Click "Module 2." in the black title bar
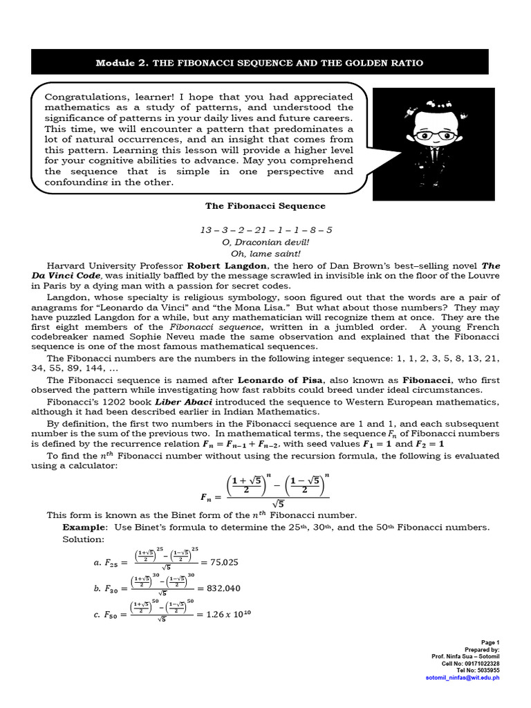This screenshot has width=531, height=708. (122, 63)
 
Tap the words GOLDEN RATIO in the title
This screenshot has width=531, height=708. (389, 63)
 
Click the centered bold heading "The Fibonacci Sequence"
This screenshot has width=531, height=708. (265, 206)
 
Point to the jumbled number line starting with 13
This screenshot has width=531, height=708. (265, 230)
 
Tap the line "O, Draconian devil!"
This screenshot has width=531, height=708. (265, 241)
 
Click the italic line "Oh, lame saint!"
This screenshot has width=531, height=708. (265, 253)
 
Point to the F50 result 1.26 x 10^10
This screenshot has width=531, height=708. (219, 613)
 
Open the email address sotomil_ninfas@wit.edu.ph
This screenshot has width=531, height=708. (462, 678)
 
